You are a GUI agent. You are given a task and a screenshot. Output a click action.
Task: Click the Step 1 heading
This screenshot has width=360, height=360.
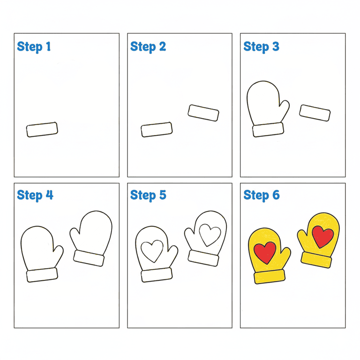[x=34, y=46]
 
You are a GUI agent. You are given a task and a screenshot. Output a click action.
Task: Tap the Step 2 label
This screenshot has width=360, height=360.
[x=148, y=46]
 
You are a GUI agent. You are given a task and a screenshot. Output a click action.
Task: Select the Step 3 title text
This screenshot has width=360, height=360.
[x=261, y=46]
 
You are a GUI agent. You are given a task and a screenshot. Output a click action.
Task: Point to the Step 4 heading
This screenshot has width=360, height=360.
[x=35, y=195]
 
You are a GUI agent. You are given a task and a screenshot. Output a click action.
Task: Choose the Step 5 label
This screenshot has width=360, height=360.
[x=148, y=195]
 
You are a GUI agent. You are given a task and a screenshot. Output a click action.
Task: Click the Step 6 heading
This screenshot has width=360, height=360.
[x=262, y=195]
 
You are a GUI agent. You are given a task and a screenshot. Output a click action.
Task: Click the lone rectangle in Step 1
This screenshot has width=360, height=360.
[x=42, y=130]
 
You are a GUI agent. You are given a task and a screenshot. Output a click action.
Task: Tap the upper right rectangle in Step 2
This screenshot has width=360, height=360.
[x=203, y=112]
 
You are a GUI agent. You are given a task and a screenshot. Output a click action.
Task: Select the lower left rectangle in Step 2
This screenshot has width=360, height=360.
[x=157, y=130]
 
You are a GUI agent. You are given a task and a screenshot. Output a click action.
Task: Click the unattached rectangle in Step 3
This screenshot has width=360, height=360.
[x=315, y=112]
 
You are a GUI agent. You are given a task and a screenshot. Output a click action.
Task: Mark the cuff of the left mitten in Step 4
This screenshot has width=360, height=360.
[x=42, y=275]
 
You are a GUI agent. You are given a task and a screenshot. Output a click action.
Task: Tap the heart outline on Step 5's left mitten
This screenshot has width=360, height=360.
[x=152, y=251]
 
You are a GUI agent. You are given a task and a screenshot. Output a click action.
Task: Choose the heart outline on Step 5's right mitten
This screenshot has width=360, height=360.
[x=210, y=235]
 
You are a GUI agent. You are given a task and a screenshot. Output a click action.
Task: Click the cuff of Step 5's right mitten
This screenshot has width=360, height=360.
[x=203, y=258]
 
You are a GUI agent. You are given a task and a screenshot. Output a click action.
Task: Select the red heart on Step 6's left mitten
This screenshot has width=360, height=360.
[x=265, y=253]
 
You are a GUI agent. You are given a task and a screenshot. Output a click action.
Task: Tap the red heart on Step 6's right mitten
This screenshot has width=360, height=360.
[x=323, y=237]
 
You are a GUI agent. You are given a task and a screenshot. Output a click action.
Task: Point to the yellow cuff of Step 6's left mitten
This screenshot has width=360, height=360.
[x=270, y=277]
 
